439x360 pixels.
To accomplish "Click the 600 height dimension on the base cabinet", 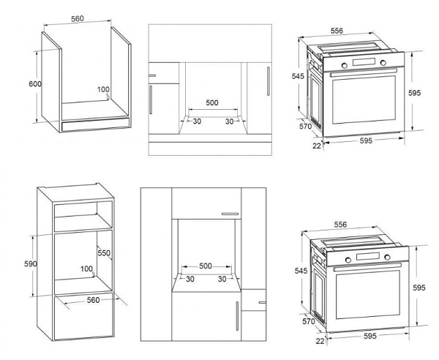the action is (x=35, y=83).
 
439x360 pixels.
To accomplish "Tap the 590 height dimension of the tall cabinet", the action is (x=30, y=263).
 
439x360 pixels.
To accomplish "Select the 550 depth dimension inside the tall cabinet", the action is (x=104, y=252).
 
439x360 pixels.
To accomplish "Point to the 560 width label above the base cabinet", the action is (x=78, y=18).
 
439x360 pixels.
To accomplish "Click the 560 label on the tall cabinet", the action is (x=93, y=300).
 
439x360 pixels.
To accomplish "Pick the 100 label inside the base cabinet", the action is (x=103, y=89).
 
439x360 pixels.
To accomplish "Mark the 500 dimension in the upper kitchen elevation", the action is (x=212, y=102).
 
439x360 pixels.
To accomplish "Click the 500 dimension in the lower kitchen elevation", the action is (x=206, y=266).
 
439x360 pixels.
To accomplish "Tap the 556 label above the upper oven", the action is (x=337, y=31).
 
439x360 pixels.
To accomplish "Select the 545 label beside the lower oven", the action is (x=301, y=271).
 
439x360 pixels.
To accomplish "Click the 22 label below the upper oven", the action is (x=317, y=146).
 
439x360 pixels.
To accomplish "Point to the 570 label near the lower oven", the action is (x=309, y=321).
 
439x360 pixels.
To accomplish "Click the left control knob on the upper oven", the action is (x=345, y=66).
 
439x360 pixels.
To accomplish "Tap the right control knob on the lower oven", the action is (x=387, y=257).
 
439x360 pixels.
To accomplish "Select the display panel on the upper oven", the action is (x=364, y=61).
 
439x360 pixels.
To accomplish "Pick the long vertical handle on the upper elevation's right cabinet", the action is (x=269, y=81).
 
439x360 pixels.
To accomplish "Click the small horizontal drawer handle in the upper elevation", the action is (x=152, y=75).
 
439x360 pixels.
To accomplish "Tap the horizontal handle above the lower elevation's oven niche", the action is (x=230, y=214).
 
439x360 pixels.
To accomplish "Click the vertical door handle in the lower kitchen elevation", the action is (x=237, y=316).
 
